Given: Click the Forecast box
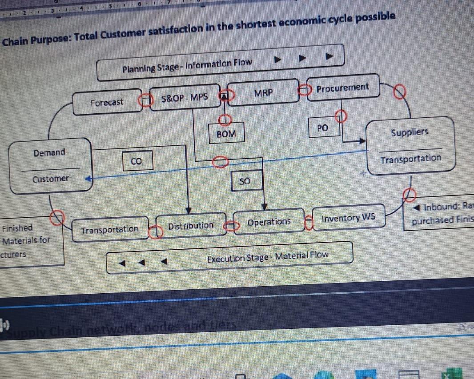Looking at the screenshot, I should [x=107, y=103].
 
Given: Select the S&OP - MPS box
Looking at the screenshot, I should [x=185, y=96].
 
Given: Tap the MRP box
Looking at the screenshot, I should [x=263, y=93].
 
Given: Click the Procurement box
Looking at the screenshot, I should [x=342, y=88].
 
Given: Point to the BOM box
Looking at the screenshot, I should [x=226, y=133].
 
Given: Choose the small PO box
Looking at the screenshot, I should [x=323, y=128].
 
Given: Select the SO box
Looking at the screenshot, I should [x=245, y=181].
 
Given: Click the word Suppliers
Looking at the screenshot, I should [x=410, y=132].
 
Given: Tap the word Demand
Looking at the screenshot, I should [x=49, y=153].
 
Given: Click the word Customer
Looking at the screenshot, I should [x=50, y=179].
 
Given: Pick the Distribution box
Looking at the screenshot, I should [x=191, y=226].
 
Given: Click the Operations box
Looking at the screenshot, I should [x=269, y=222].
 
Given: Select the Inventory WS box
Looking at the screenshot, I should [x=349, y=218].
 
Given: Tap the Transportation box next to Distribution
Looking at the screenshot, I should [x=110, y=229].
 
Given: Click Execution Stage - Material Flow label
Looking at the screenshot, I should [x=268, y=255].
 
